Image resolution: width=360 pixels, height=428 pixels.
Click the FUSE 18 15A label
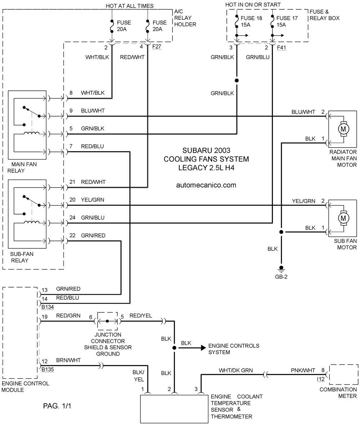click(251, 22)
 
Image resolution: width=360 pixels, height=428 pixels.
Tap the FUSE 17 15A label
click(287, 22)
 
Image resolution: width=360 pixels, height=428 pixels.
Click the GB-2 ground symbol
click(281, 269)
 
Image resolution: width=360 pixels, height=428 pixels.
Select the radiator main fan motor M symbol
click(343, 129)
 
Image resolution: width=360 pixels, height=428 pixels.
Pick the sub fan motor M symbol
click(343, 218)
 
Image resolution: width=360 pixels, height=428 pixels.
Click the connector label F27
click(157, 47)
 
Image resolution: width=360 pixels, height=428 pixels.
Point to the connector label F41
click(282, 48)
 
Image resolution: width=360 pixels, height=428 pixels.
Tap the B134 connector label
click(48, 307)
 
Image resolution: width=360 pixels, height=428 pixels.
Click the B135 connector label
click(48, 370)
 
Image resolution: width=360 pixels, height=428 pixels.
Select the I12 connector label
click(321, 379)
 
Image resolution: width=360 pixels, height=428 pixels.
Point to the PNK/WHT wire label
click(303, 370)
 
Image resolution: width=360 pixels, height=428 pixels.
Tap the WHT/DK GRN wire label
click(236, 370)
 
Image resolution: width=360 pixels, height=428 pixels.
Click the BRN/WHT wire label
click(68, 360)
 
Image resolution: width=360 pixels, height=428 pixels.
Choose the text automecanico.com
click(206, 185)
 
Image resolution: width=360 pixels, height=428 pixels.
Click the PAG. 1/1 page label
click(57, 406)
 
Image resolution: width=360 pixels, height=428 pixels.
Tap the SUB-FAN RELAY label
click(22, 257)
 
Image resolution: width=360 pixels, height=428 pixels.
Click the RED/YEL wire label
click(141, 316)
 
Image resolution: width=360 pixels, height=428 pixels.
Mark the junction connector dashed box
click(108, 312)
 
